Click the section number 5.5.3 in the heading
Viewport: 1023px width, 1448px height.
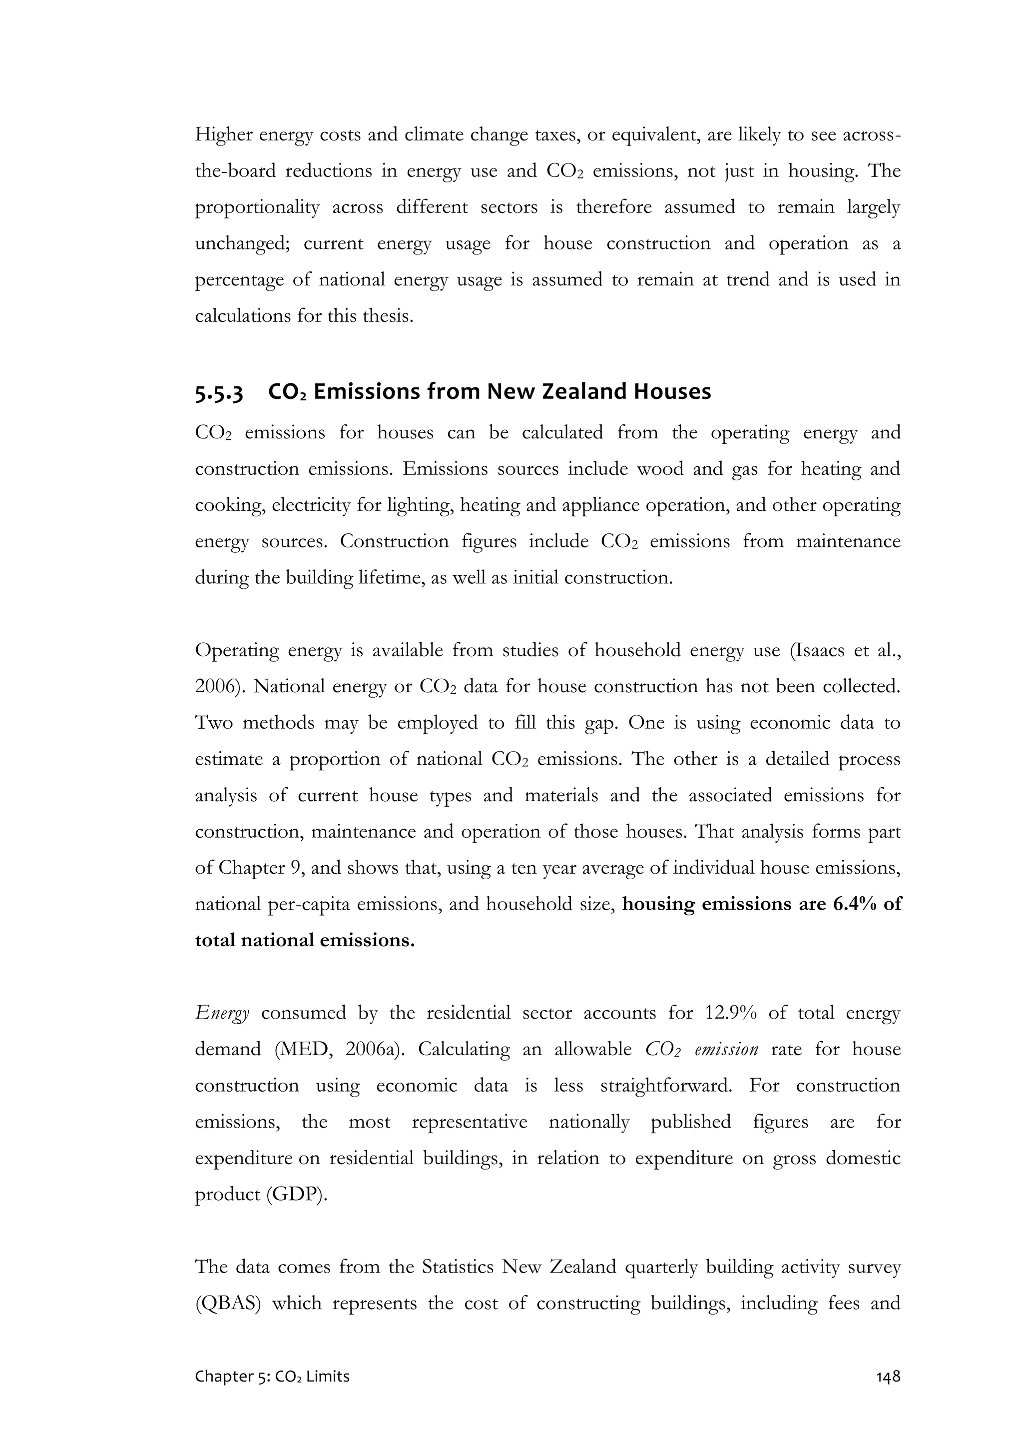tap(219, 393)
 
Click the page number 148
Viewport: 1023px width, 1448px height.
tap(888, 1376)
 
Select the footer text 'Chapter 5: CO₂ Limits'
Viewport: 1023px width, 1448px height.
tap(272, 1376)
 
